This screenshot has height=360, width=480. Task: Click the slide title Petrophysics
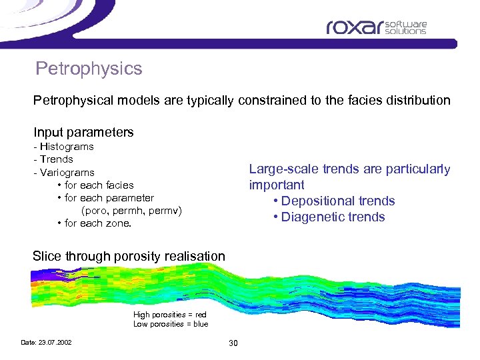point(89,69)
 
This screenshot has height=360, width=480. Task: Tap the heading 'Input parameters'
point(83,132)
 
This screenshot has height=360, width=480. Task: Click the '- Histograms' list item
point(63,147)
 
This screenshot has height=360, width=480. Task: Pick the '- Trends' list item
point(53,159)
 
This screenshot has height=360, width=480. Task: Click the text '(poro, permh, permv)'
point(131,211)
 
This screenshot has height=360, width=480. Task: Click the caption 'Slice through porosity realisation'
point(129,256)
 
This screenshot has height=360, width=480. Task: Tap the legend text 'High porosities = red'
point(169,315)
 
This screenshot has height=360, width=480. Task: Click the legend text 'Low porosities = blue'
point(170,324)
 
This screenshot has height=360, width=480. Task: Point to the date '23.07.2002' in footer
point(55,343)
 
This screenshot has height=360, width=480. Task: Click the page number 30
point(233,343)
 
